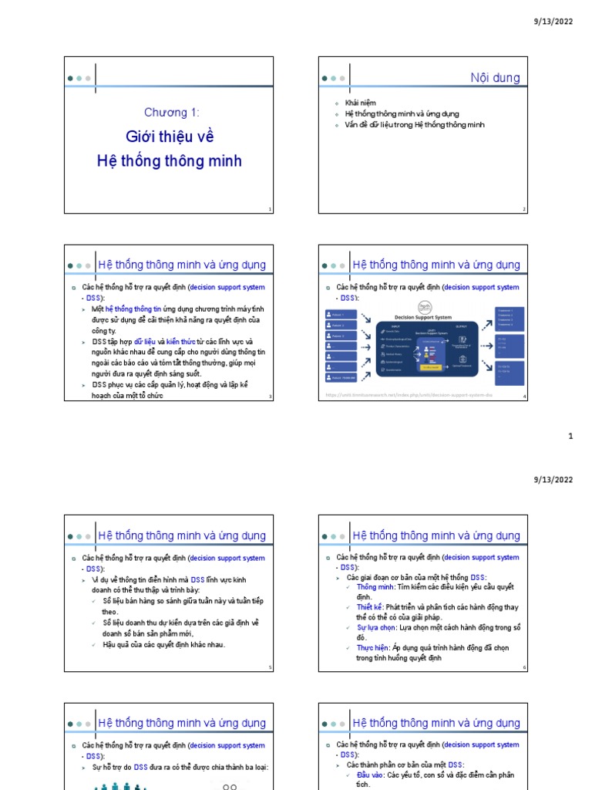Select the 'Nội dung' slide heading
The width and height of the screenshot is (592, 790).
point(495,78)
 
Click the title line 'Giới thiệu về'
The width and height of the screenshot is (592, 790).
point(170,137)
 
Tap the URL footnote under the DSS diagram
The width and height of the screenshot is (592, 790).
point(409,395)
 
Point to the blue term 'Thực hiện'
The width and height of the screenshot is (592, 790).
point(372,648)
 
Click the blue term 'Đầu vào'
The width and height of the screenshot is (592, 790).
point(369,775)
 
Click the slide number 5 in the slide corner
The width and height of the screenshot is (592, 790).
point(270,667)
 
